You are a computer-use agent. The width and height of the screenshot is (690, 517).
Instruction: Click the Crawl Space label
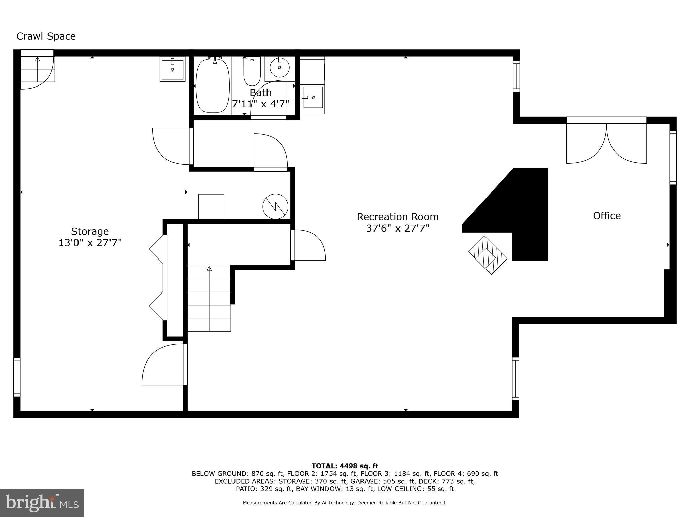(46, 36)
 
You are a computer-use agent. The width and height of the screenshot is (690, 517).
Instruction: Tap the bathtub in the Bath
(213, 86)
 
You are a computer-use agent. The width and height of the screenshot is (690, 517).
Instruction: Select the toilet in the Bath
(252, 72)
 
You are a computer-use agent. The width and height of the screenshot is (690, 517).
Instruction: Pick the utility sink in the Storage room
(172, 69)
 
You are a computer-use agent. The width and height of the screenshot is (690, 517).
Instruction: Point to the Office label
(606, 216)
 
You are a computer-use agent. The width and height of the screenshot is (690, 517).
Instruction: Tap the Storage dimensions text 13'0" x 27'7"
(90, 243)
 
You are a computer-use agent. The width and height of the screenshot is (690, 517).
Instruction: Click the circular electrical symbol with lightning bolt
(275, 207)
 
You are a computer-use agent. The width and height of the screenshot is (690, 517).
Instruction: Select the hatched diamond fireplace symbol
(488, 255)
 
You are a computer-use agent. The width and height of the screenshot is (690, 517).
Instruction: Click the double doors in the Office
(606, 143)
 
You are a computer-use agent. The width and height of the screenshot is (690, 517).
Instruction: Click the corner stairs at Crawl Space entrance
(37, 69)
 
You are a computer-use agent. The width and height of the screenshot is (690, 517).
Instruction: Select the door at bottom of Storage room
(164, 365)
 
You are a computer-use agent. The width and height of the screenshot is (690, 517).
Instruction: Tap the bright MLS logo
(42, 503)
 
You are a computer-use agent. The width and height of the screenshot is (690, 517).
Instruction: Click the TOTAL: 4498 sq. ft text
(345, 466)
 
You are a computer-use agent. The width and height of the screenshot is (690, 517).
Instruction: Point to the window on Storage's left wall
(17, 377)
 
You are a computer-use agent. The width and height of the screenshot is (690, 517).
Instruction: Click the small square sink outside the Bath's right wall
(313, 97)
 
